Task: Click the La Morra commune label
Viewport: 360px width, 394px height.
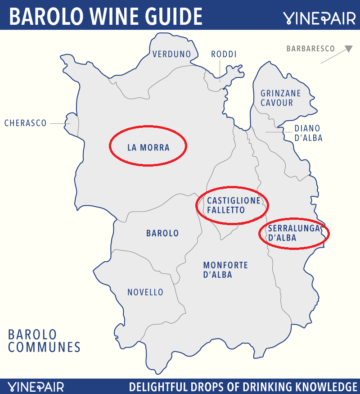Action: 148,147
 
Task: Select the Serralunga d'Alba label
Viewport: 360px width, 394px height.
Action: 293,233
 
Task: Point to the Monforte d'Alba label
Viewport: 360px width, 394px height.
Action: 225,270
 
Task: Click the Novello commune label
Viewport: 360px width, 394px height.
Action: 145,292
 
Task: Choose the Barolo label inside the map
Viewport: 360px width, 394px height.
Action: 162,233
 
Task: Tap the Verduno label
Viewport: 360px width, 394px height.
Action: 171,54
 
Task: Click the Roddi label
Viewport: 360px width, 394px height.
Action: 224,54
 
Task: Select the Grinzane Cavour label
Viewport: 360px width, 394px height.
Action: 280,98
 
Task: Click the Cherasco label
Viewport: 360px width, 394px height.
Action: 26,123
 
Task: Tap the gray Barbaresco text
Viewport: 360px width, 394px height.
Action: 310,49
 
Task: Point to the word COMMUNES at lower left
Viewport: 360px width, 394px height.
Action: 44,347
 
